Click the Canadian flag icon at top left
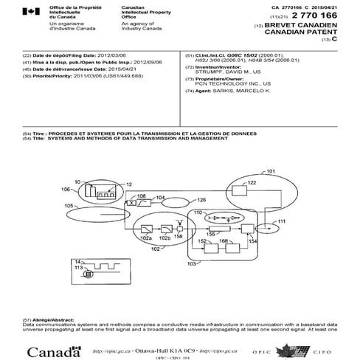pyautogui.click(x=30, y=11)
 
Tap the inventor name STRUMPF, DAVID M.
pyautogui.click(x=229, y=72)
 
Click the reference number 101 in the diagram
pyautogui.click(x=271, y=171)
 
